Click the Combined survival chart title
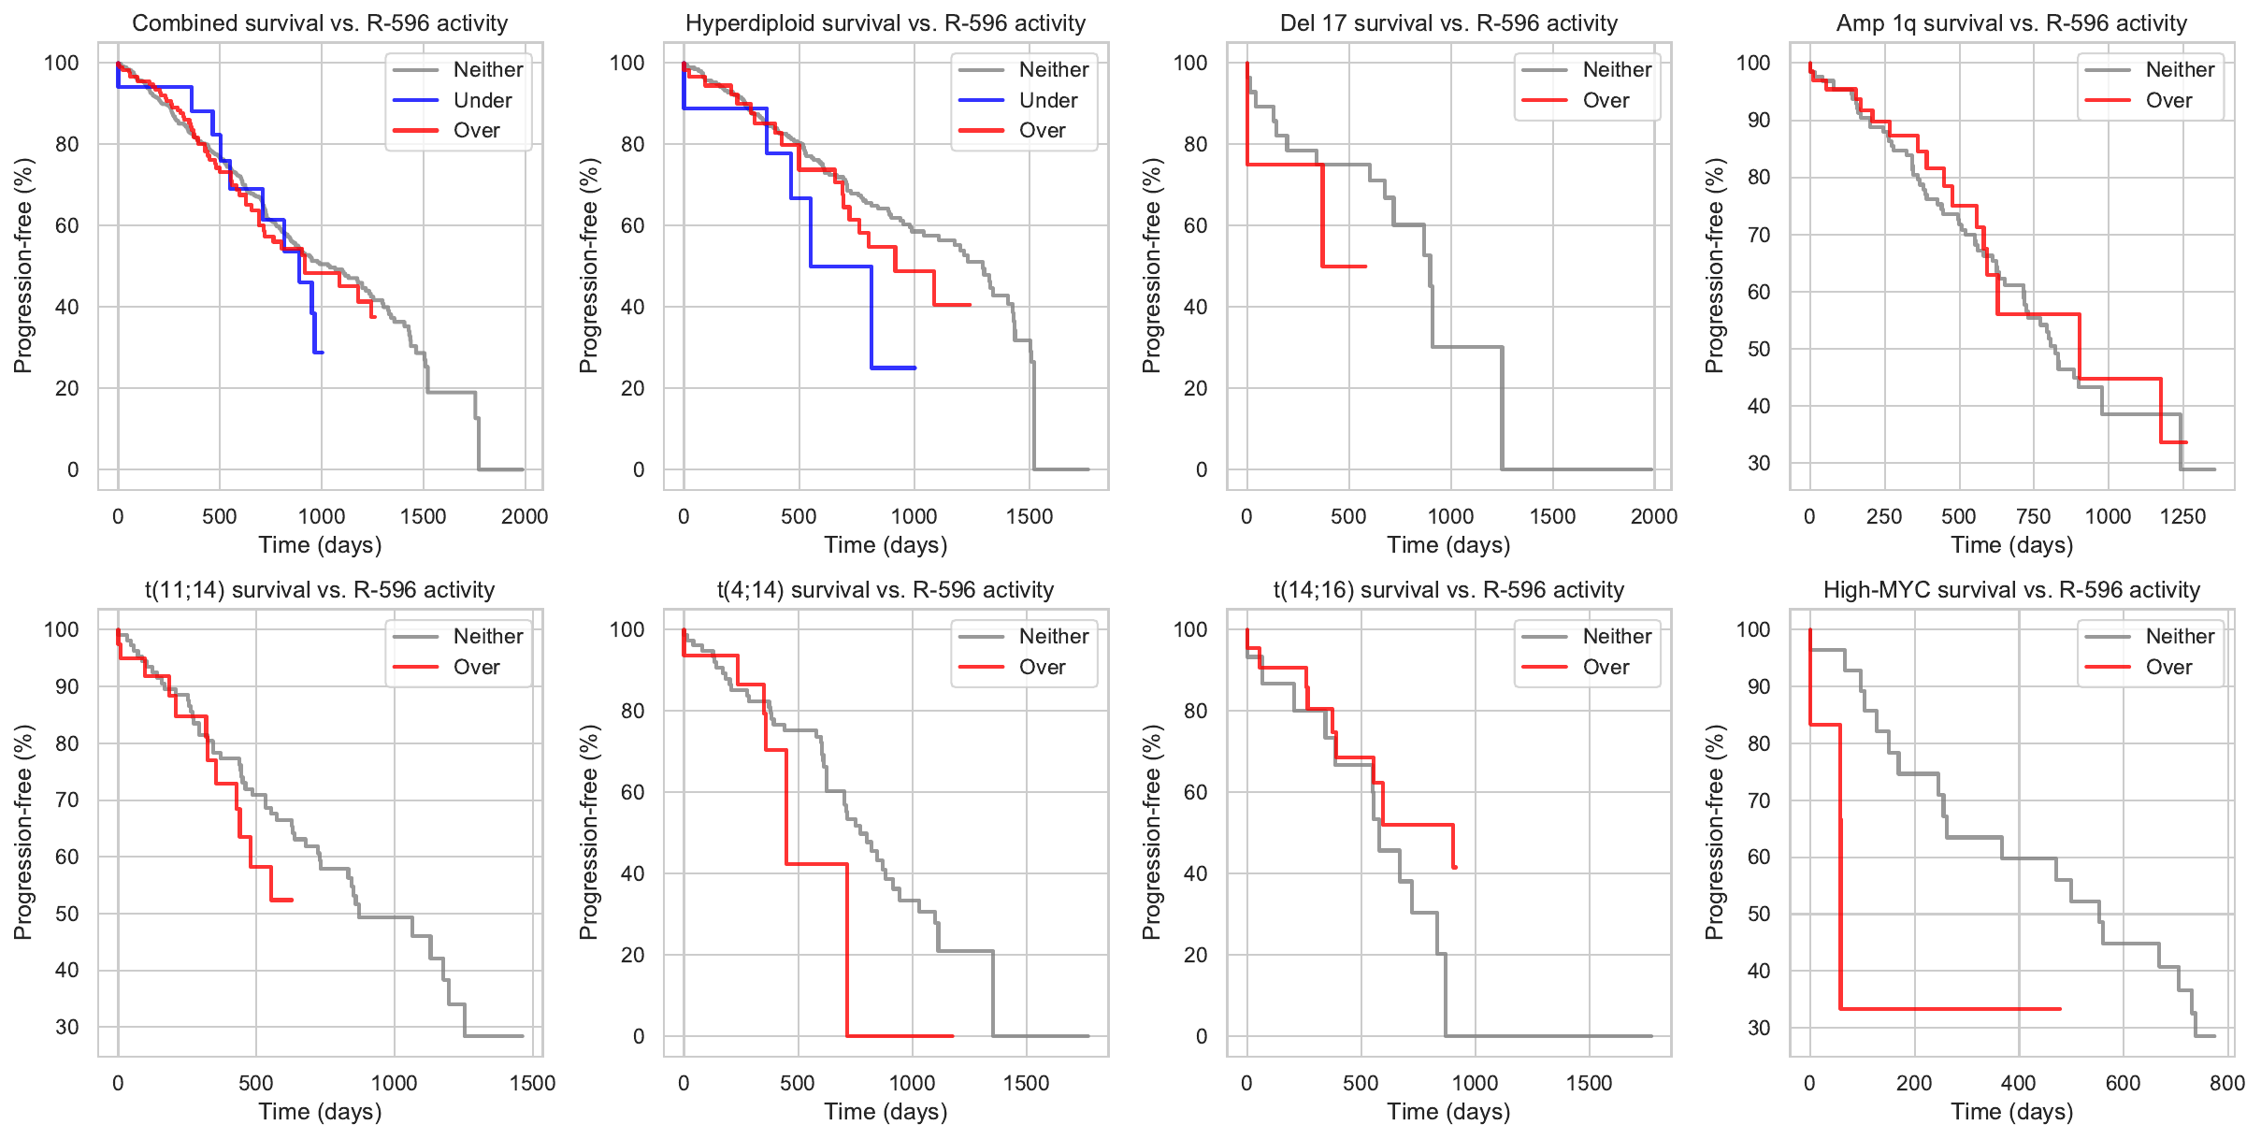point(320,23)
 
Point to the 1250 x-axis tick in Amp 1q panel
point(2182,516)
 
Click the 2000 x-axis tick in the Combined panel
point(525,516)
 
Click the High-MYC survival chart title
point(2011,590)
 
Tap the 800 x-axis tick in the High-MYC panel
point(2227,1083)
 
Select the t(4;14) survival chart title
point(886,590)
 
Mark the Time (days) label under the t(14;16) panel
point(1448,1112)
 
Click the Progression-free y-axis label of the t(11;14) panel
point(23,832)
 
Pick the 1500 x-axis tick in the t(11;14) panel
point(532,1083)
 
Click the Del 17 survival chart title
point(1448,23)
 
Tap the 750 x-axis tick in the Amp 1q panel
point(2034,516)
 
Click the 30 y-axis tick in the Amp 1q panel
point(1759,463)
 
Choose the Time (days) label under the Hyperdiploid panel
point(886,545)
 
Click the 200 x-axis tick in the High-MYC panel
point(1914,1083)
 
